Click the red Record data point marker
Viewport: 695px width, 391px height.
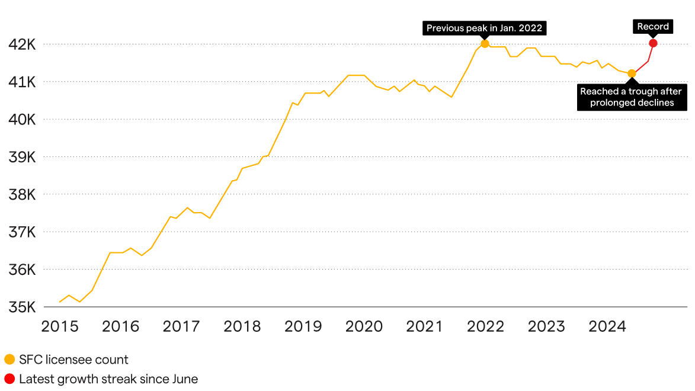point(653,43)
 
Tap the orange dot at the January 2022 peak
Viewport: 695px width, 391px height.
point(485,44)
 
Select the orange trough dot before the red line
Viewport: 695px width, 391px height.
point(632,73)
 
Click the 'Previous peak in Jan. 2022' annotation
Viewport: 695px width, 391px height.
point(484,28)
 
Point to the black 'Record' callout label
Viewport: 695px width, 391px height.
point(653,27)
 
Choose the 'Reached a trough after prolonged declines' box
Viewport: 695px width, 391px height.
point(631,97)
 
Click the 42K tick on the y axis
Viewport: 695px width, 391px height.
point(23,44)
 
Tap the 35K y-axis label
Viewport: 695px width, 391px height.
point(23,307)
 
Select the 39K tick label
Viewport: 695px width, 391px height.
point(23,157)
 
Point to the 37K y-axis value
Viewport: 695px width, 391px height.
point(23,232)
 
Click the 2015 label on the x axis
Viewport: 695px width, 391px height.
point(60,326)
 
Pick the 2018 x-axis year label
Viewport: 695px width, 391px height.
point(242,326)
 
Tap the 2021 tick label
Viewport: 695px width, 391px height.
point(424,326)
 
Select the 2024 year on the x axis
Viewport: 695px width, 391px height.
point(606,326)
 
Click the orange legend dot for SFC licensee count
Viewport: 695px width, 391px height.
point(9,360)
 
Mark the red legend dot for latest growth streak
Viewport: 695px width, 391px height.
point(9,379)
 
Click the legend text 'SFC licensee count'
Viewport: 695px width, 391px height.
point(73,360)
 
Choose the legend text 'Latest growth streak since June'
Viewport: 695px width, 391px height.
point(108,379)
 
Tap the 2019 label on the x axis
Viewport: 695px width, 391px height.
point(303,326)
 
